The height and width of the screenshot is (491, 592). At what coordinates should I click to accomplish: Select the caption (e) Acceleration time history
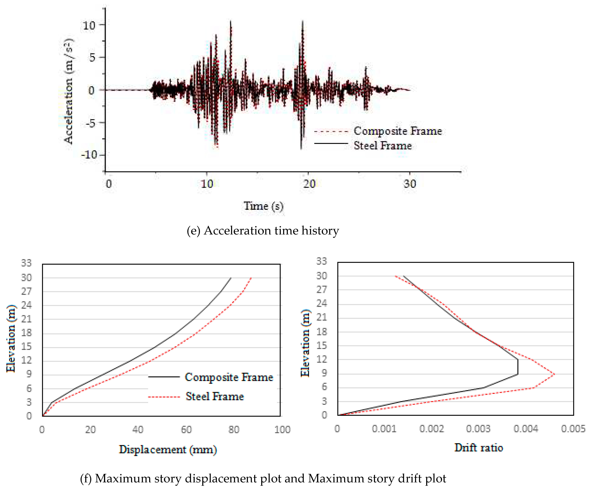click(x=263, y=230)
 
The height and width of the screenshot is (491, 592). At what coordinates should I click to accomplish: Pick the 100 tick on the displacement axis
click(x=282, y=430)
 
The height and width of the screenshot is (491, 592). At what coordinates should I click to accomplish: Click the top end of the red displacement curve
click(x=251, y=278)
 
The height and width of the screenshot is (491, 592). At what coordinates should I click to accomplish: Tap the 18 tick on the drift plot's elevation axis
click(x=322, y=332)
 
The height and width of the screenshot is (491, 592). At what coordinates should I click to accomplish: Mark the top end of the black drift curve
click(x=404, y=276)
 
